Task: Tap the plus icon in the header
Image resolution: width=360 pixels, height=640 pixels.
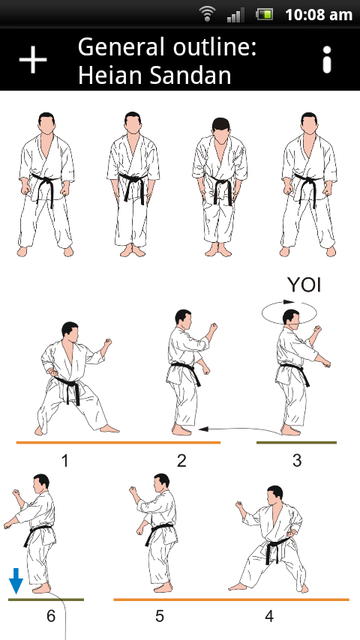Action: (33, 60)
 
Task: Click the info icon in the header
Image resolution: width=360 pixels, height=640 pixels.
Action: (326, 60)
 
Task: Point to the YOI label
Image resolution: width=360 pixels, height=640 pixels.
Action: (304, 285)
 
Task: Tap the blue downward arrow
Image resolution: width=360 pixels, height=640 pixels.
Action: (16, 580)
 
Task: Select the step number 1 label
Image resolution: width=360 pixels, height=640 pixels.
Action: (65, 461)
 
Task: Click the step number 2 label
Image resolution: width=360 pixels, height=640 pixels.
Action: (181, 461)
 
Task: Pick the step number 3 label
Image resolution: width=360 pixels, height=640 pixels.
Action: (297, 460)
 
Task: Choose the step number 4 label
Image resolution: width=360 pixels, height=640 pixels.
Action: (269, 616)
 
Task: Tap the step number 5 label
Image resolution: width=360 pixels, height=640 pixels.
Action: (159, 616)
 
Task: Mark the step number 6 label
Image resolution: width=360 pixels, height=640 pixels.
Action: (51, 616)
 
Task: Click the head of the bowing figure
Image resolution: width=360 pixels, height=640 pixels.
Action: (220, 129)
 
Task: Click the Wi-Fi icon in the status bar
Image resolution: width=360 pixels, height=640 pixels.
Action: (208, 14)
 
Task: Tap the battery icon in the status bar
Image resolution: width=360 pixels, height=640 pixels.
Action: (265, 15)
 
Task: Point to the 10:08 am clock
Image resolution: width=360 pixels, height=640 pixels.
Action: (318, 15)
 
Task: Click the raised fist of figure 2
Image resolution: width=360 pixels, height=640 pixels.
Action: (212, 327)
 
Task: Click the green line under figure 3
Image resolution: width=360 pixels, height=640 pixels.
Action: (296, 442)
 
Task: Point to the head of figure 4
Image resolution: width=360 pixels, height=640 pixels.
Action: (274, 496)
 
